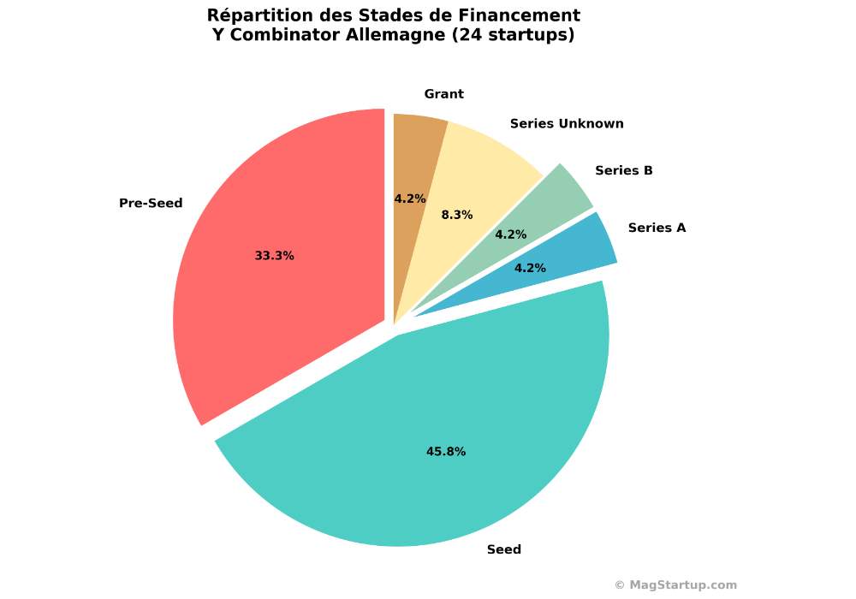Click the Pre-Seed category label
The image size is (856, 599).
pos(151,204)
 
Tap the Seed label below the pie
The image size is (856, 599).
pos(503,549)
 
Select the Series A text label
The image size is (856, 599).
pos(657,228)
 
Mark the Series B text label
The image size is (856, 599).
pos(624,170)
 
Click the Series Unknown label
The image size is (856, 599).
pos(567,123)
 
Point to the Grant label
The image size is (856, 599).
pos(443,94)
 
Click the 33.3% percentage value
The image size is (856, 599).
pos(274,256)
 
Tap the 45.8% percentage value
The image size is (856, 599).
pos(446,452)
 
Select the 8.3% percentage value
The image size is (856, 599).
pos(457,215)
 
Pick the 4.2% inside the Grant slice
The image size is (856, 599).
pos(410,199)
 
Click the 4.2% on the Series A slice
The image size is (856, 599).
pos(530,268)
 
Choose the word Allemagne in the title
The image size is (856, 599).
pos(383,35)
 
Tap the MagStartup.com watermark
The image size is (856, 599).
pos(675,585)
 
